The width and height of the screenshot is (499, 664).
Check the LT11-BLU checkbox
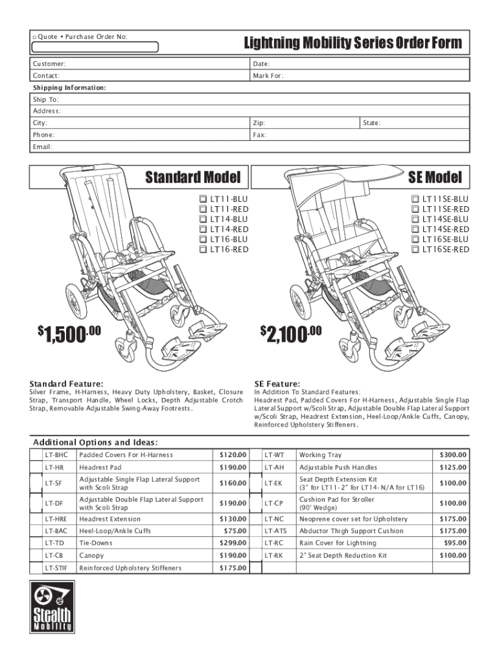[x=203, y=199]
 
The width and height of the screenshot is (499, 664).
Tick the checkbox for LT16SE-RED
[x=415, y=250]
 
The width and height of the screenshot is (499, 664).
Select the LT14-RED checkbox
[x=203, y=230]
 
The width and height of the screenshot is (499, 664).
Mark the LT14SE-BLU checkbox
[x=415, y=219]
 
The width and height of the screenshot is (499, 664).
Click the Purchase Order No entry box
[x=95, y=47]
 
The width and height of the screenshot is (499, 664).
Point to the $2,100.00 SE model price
[x=291, y=334]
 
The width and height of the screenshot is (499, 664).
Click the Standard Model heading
[x=192, y=177]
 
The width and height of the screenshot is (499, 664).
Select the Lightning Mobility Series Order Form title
[x=353, y=43]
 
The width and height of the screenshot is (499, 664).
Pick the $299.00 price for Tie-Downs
[x=233, y=543]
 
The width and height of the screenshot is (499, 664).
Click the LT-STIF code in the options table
[x=56, y=568]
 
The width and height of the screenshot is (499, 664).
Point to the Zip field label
[x=259, y=123]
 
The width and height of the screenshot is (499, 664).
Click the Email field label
[x=43, y=147]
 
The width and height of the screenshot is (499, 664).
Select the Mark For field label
[x=268, y=76]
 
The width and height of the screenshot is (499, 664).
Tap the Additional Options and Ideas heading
[x=95, y=442]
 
